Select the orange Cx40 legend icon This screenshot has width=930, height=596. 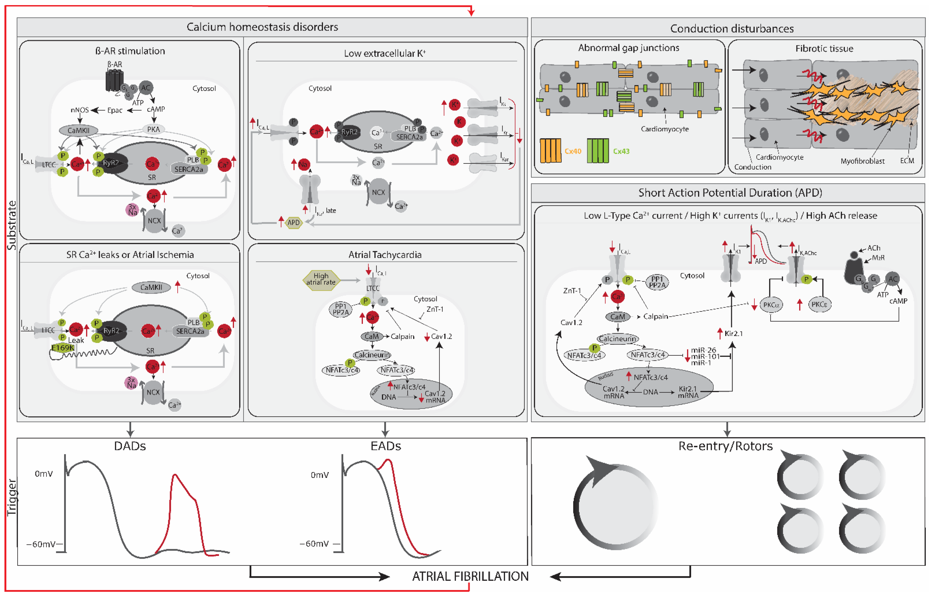550,150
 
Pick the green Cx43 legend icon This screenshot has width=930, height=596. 597,150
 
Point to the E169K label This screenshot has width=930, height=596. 63,348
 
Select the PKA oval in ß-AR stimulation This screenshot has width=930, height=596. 153,129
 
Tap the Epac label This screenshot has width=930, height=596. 115,110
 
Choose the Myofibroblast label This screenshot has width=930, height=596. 862,161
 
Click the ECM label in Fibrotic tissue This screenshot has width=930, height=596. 907,161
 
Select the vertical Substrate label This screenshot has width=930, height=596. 12,225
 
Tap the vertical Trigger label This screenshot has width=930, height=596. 12,497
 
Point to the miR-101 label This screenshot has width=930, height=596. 705,357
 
